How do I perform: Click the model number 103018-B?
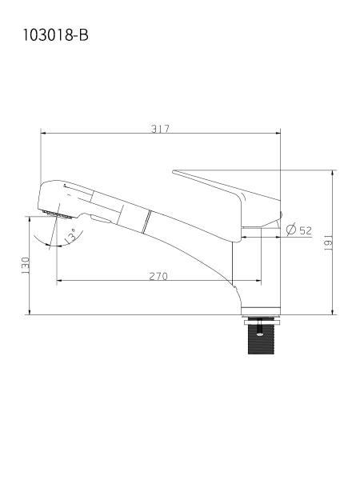click(56, 35)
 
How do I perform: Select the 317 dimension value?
click(161, 129)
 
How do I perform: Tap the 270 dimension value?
click(158, 277)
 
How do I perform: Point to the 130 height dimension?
click(26, 266)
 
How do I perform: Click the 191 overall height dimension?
click(329, 242)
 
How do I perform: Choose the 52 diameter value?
click(306, 230)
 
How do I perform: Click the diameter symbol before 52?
click(291, 229)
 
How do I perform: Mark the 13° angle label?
click(70, 235)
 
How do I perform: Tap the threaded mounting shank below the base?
click(261, 339)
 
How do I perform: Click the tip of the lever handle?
click(174, 171)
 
